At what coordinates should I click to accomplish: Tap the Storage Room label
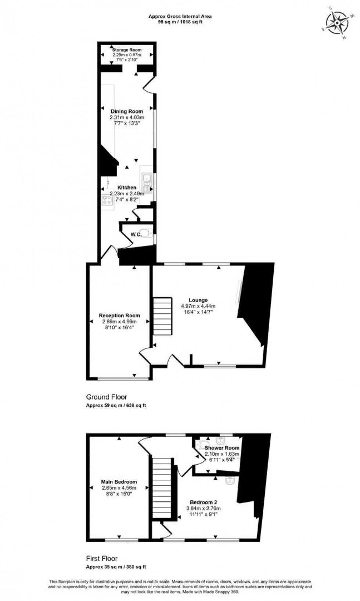127,50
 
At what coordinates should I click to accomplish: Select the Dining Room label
127,111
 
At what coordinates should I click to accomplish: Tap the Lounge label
198,300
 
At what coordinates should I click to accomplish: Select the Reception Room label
119,315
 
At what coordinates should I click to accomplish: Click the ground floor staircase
162,316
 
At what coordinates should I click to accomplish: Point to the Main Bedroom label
119,482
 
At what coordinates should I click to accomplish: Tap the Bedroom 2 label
204,502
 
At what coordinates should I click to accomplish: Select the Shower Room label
222,448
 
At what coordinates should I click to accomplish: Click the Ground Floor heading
107,397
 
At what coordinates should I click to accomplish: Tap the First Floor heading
102,559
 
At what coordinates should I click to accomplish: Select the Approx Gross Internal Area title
180,16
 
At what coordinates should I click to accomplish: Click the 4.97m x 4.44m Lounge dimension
198,306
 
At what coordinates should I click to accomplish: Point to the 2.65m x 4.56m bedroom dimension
119,488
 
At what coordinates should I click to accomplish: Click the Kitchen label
127,187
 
